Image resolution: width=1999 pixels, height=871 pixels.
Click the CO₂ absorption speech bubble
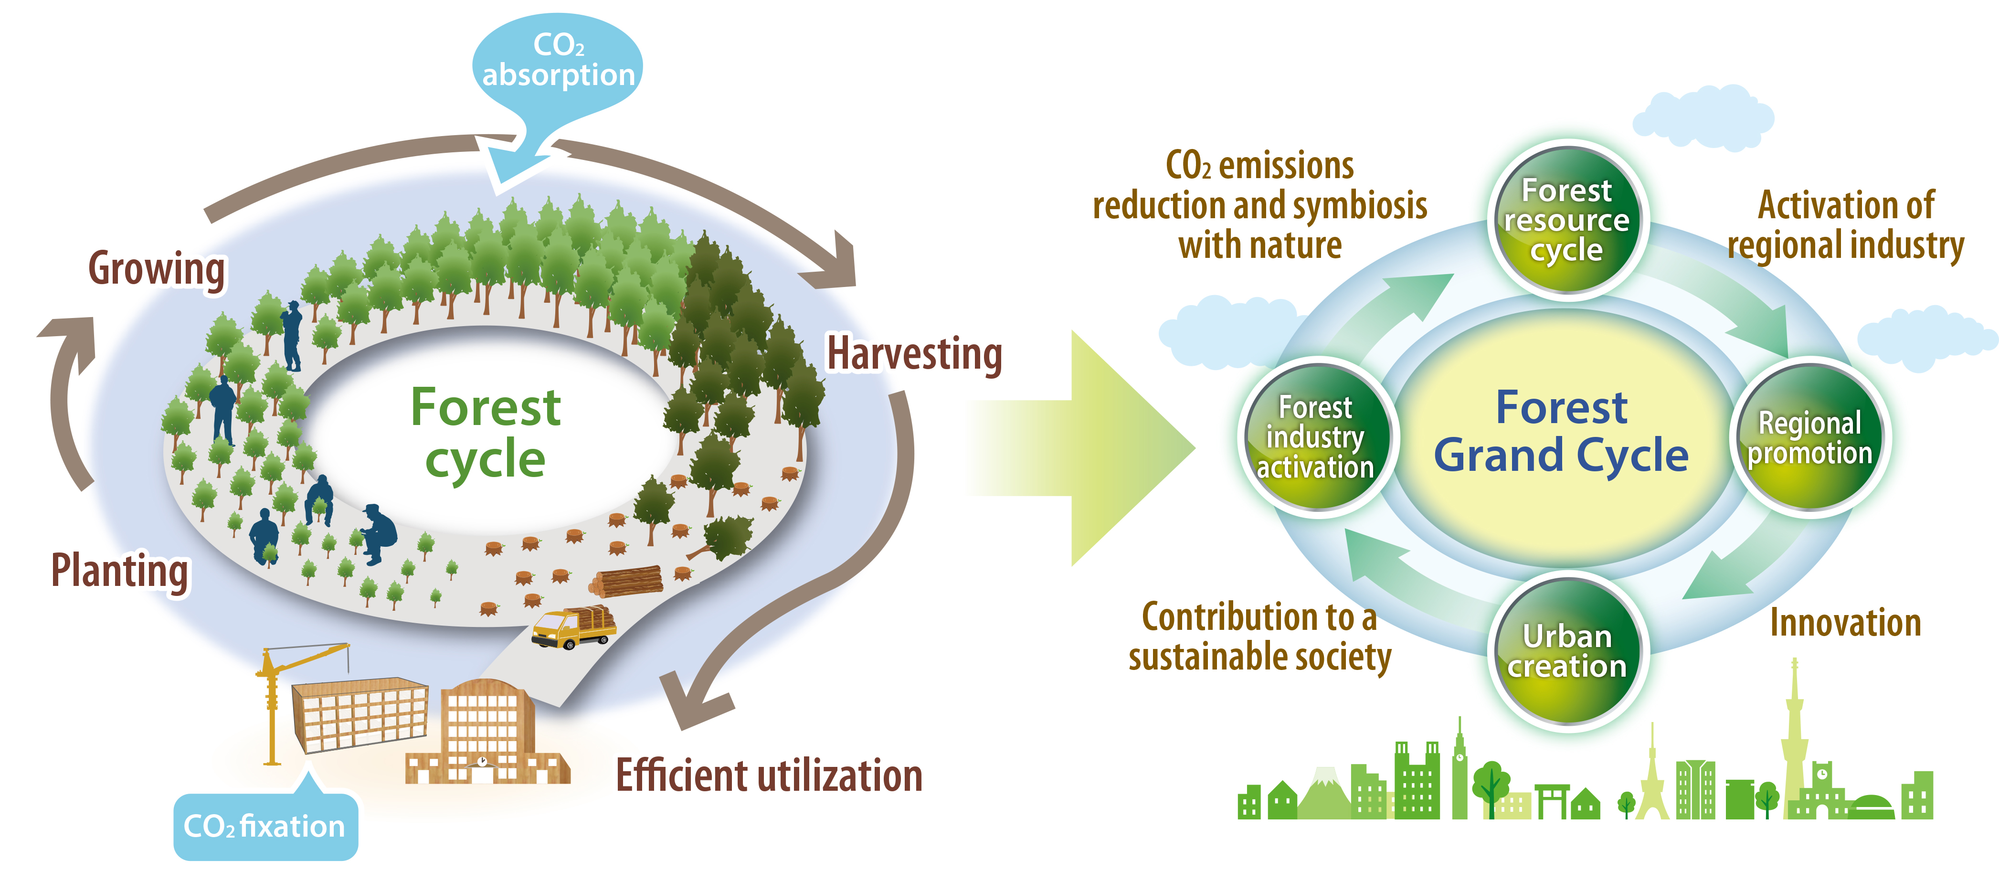(x=557, y=62)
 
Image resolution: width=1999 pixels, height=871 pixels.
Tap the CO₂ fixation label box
(x=264, y=826)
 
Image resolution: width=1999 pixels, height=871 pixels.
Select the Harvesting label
(x=914, y=354)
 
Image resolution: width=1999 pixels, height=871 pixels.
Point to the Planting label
(x=120, y=571)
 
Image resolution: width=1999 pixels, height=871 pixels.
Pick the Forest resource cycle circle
(x=1567, y=221)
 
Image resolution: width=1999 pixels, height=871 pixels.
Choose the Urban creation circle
(x=1567, y=650)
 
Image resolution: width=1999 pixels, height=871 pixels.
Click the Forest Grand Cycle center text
(x=1561, y=432)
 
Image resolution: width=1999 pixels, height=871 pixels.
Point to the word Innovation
(x=1845, y=623)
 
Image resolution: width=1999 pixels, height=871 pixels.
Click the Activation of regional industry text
(x=1845, y=225)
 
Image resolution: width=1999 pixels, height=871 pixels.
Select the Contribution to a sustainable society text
(x=1259, y=637)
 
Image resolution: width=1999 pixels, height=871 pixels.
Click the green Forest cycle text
(x=486, y=432)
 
